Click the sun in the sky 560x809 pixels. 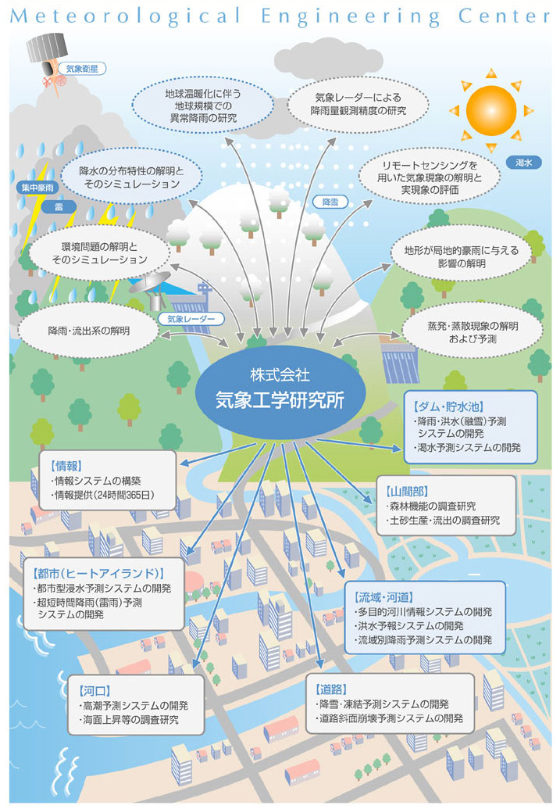[x=491, y=110]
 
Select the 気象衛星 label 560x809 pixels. [x=83, y=69]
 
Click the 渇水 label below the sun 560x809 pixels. [x=523, y=163]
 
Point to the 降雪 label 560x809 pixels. [x=330, y=202]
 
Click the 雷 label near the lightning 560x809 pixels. [x=59, y=207]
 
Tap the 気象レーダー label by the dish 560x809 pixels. [x=191, y=320]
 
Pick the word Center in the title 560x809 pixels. [x=504, y=16]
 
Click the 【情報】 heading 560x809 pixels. [x=67, y=467]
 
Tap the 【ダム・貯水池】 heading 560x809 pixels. [x=448, y=407]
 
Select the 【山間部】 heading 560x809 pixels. [x=408, y=492]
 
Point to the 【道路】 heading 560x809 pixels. [x=331, y=689]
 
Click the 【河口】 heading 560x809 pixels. [x=95, y=691]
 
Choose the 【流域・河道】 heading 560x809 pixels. [x=385, y=597]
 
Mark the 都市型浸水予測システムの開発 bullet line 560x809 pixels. [x=103, y=588]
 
